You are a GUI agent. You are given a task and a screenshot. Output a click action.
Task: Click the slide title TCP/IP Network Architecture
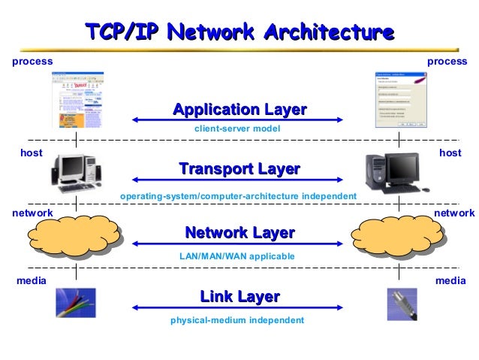coord(239,33)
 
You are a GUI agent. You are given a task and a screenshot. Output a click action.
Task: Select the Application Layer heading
coord(239,110)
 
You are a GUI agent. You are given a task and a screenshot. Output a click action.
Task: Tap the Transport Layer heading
coord(239,169)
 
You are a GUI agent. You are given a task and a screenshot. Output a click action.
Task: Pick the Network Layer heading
coord(239,233)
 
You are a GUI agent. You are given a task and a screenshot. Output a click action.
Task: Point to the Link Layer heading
coord(239,297)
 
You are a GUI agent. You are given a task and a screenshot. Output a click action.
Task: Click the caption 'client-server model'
coord(237,129)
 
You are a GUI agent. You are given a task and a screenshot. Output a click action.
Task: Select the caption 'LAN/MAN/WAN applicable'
coord(237,256)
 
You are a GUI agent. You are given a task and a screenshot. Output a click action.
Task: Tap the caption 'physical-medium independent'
coord(237,320)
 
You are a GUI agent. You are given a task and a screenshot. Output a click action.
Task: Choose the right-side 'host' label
coord(450,153)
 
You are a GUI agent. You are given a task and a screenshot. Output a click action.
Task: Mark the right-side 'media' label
coord(450,280)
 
